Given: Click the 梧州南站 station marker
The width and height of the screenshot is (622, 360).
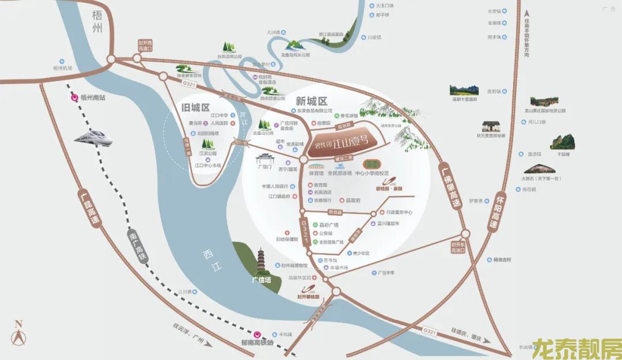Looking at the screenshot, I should (x=74, y=97).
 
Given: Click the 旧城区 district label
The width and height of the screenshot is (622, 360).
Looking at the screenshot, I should (x=196, y=108).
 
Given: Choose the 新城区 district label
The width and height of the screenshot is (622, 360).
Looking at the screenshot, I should (x=311, y=100).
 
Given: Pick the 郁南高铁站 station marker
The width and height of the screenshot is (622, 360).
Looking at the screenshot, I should (x=258, y=334).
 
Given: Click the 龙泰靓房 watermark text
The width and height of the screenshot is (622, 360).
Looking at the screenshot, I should (x=576, y=347).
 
